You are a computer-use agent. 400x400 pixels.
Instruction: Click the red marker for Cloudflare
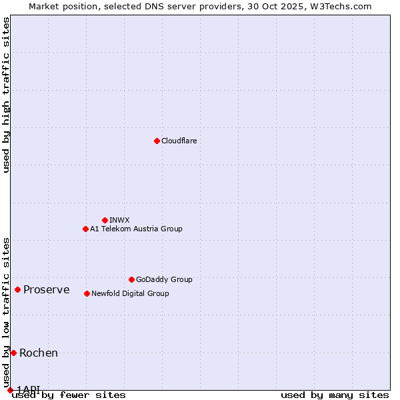(157, 141)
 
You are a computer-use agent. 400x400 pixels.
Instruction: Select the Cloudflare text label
(179, 141)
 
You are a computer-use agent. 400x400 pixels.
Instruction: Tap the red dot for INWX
(105, 220)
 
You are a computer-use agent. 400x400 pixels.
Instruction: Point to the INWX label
(119, 220)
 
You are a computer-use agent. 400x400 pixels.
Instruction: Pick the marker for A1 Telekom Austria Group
(85, 229)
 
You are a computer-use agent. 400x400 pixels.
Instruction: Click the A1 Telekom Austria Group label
(136, 229)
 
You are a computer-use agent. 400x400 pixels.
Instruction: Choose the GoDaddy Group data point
(131, 279)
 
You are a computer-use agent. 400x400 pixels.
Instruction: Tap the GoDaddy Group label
(163, 279)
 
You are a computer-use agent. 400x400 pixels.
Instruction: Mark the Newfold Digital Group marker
(87, 293)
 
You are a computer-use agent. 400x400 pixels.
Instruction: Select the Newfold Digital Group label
(130, 293)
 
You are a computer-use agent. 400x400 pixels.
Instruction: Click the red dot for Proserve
(18, 289)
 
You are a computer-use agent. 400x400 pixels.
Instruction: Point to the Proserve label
(46, 289)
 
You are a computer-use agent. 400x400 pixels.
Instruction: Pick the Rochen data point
(13, 353)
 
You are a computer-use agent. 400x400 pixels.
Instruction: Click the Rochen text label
(39, 353)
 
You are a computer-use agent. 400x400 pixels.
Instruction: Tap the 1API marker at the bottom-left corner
(10, 390)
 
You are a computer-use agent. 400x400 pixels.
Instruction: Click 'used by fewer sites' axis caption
(69, 395)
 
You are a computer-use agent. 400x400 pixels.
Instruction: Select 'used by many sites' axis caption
(335, 395)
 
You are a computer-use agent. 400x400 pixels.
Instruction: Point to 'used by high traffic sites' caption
(6, 95)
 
